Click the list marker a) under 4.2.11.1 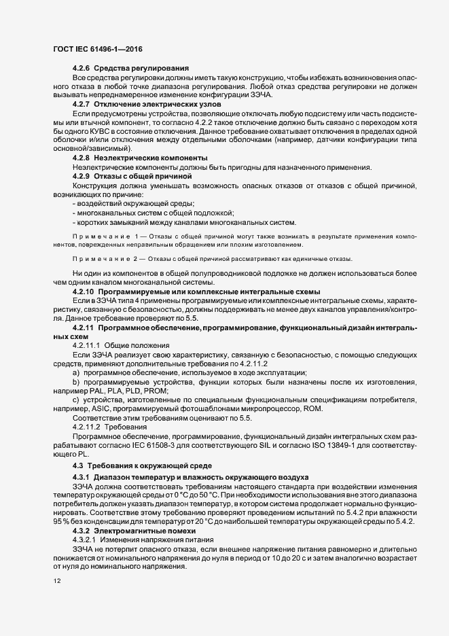76,373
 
